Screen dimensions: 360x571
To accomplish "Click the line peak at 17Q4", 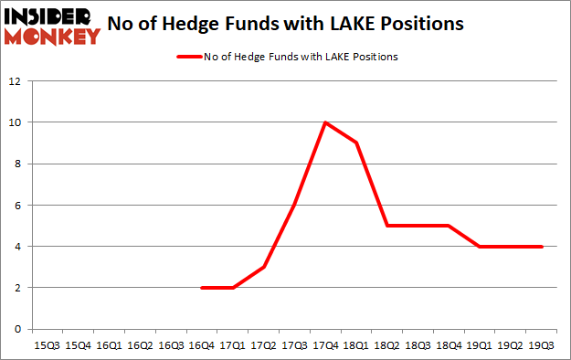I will click(324, 122).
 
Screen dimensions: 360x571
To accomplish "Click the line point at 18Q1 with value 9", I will click(355, 143).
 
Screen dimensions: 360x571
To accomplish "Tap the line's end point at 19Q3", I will click(542, 246).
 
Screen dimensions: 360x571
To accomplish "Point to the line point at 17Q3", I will click(293, 205).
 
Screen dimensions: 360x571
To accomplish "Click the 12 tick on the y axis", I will click(15, 81).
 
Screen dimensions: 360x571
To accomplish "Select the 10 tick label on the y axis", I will click(15, 122).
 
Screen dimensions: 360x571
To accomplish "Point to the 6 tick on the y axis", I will click(17, 205).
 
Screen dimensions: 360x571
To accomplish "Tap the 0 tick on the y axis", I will click(17, 329).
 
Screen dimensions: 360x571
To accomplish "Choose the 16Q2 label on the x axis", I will click(139, 346).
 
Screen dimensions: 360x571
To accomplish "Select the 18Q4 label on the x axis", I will click(449, 346).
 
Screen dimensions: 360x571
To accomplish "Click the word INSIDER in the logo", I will click(50, 16).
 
